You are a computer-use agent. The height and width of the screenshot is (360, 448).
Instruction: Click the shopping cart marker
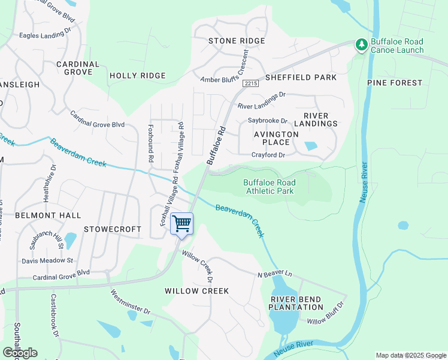click(x=181, y=224)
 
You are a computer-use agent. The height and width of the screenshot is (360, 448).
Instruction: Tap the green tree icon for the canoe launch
click(x=361, y=45)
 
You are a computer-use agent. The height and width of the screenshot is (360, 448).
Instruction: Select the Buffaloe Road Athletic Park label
click(x=269, y=187)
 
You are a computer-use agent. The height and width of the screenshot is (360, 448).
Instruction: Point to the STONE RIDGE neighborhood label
click(x=236, y=41)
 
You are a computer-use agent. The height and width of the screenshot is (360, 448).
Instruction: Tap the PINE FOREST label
click(x=395, y=83)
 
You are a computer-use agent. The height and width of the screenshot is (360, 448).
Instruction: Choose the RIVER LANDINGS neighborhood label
click(x=320, y=119)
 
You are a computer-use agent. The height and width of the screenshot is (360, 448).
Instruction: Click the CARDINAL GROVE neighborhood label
click(x=78, y=68)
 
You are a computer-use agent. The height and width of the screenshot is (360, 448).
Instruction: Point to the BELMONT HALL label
click(x=39, y=215)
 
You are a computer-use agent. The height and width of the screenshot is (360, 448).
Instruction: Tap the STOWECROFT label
click(x=113, y=229)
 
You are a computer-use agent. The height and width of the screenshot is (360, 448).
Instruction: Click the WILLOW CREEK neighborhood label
click(x=197, y=291)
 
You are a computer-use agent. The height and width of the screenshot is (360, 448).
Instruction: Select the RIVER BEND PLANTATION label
click(x=296, y=303)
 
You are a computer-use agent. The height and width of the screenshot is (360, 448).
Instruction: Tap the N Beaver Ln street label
click(x=274, y=274)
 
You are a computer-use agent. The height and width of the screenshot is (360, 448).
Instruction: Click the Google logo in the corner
click(x=20, y=353)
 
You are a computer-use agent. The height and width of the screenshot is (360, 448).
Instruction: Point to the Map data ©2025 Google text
click(x=410, y=355)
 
